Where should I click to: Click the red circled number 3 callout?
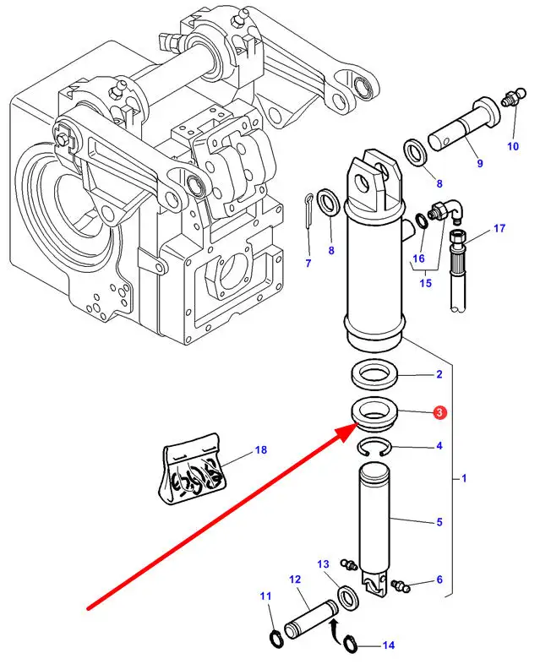[x=439, y=412]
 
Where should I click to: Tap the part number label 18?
[x=261, y=449]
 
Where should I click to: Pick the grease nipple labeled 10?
[x=513, y=97]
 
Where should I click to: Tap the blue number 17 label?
[x=499, y=228]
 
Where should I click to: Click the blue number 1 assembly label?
[x=464, y=478]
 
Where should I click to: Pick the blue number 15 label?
[x=425, y=282]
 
